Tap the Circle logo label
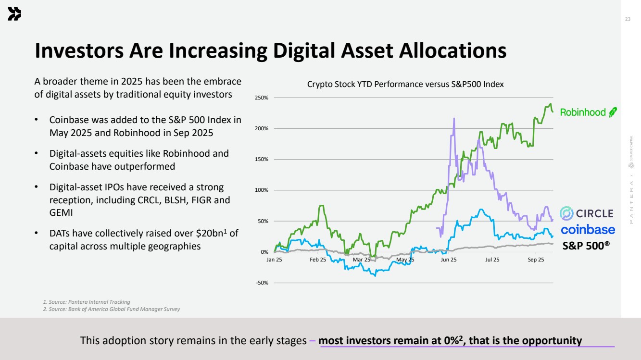click(x=587, y=213)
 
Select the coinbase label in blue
click(x=588, y=229)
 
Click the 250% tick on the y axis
click(x=261, y=98)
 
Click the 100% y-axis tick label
click(x=261, y=190)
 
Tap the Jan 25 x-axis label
click(x=274, y=260)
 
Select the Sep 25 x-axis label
click(x=536, y=260)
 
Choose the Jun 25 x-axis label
click(x=449, y=260)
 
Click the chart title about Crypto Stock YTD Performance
click(x=405, y=85)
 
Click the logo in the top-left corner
click(x=14, y=15)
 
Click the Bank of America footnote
click(x=112, y=309)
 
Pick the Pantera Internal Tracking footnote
click(x=87, y=302)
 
